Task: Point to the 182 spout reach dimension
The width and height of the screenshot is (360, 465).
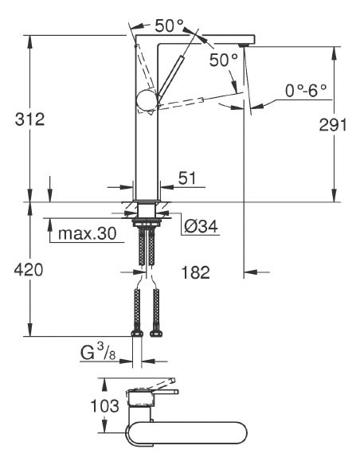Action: pyautogui.click(x=195, y=272)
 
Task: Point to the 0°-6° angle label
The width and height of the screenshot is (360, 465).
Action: pyautogui.click(x=307, y=92)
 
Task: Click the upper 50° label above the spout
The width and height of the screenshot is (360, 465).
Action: pyautogui.click(x=168, y=25)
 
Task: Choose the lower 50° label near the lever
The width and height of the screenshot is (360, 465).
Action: pyautogui.click(x=224, y=60)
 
